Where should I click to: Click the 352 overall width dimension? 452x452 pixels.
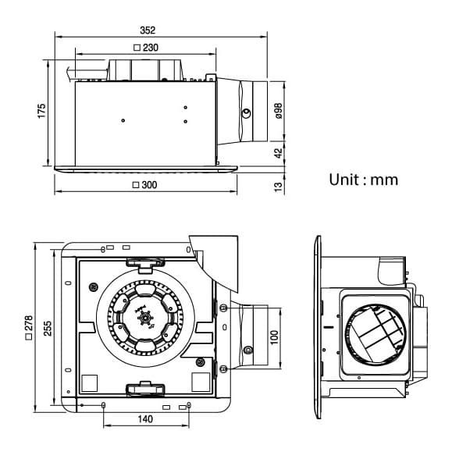148,30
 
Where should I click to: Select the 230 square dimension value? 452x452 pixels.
150,48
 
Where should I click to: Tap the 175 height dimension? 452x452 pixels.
42,111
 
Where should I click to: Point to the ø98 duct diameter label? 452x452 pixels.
279,111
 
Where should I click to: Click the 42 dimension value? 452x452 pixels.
279,153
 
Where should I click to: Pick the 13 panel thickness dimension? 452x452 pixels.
279,187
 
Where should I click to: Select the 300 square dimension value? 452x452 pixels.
149,185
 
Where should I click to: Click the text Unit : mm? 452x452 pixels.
364,180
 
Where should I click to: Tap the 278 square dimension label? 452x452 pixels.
29,323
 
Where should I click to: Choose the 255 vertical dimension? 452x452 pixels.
48,328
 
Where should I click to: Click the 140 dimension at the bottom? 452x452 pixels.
145,419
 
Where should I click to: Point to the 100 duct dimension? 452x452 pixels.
275,337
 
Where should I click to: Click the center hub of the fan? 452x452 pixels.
145,319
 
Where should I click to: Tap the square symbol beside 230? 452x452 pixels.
137,48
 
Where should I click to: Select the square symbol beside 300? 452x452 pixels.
136,185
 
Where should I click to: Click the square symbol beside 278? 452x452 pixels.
29,336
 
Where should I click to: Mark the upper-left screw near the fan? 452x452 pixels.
94,287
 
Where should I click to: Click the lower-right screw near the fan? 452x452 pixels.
200,362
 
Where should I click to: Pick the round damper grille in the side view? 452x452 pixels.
375,336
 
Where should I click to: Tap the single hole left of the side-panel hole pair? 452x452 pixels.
123,120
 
